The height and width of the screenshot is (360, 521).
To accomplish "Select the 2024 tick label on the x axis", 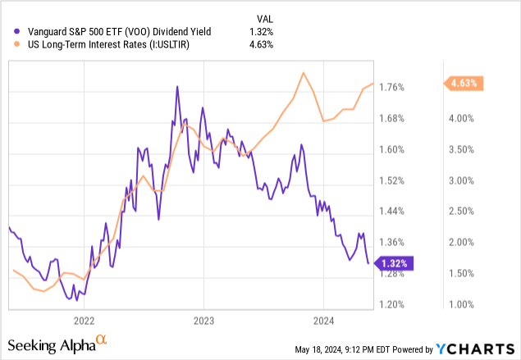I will [323, 321].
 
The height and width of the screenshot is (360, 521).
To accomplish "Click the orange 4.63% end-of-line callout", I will [464, 83].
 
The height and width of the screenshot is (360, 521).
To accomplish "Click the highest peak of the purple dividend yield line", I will [176, 86].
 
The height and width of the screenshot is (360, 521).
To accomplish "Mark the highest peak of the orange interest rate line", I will [304, 73].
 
